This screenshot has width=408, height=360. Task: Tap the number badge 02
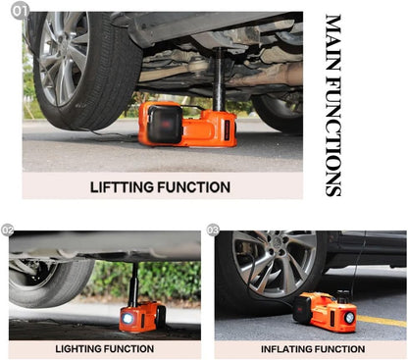point(8,231)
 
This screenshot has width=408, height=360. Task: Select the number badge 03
point(213,231)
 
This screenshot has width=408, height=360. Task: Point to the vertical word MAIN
point(332,42)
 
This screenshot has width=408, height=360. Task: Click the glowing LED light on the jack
point(127,318)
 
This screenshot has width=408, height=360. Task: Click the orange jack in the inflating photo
point(327,312)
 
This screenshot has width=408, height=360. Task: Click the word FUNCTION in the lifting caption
point(196,186)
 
